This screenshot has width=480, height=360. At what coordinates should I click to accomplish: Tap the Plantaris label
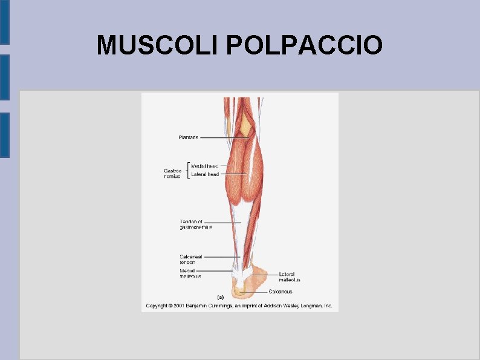[188, 137]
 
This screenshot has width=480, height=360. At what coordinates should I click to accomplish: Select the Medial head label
[204, 166]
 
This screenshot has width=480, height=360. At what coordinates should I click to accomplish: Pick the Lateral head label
[205, 174]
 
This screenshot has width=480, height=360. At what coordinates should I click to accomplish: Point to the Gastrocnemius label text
[172, 173]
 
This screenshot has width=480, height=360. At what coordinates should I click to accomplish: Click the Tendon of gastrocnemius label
[196, 224]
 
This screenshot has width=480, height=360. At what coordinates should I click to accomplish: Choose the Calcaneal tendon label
[191, 259]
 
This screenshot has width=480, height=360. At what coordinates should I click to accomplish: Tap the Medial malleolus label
[190, 273]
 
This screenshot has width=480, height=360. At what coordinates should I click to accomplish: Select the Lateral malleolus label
[290, 277]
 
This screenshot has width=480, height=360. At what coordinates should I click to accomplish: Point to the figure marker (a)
[220, 297]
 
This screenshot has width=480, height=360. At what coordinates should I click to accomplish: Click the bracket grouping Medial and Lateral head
[189, 170]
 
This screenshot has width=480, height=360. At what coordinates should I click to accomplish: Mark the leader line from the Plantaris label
[224, 137]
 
